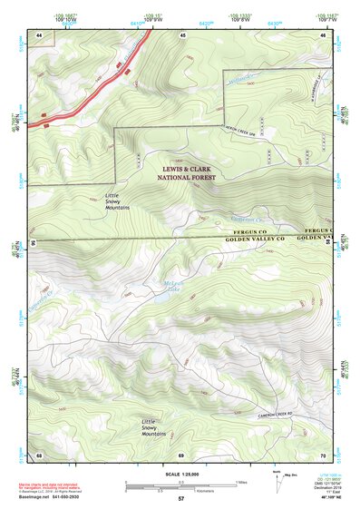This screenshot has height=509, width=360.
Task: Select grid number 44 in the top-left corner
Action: pos(39,34)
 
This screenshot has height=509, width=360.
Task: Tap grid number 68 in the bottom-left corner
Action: pos(39,454)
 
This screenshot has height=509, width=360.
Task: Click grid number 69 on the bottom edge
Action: pos(180,454)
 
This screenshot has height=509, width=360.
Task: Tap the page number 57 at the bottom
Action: pos(180,500)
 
